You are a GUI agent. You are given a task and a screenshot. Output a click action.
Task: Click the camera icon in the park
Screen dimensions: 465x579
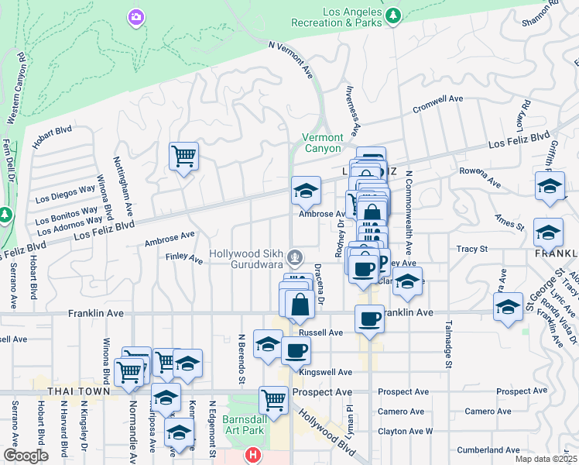click(x=136, y=16)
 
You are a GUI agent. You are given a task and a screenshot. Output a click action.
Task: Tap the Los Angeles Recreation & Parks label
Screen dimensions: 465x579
click(x=337, y=18)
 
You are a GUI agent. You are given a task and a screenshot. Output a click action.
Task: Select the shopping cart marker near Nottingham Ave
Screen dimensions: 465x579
click(x=183, y=157)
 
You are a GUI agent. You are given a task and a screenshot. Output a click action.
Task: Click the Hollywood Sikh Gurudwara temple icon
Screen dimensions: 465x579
click(x=294, y=256)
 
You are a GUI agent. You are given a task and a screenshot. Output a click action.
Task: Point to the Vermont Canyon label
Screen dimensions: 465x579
click(x=321, y=143)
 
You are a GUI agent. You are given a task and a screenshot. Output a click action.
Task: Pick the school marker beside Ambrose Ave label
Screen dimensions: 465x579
click(x=306, y=191)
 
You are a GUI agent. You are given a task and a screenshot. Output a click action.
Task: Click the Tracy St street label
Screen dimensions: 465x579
click(x=471, y=250)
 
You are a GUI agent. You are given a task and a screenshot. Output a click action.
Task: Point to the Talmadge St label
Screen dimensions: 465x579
click(x=446, y=342)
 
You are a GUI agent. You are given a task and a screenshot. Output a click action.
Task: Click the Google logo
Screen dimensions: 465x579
click(x=26, y=456)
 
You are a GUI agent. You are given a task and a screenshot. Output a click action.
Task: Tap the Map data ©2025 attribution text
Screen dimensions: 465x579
click(x=546, y=459)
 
